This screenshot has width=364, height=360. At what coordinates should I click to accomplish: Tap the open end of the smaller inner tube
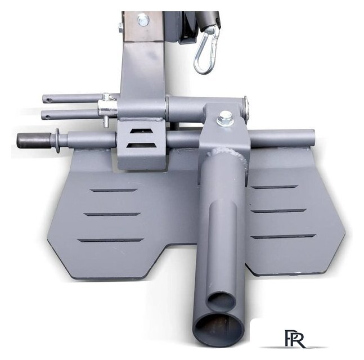[221, 301]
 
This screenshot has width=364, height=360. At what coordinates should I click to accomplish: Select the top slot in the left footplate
[114, 190]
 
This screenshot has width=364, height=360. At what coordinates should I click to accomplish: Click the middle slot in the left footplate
[112, 214]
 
